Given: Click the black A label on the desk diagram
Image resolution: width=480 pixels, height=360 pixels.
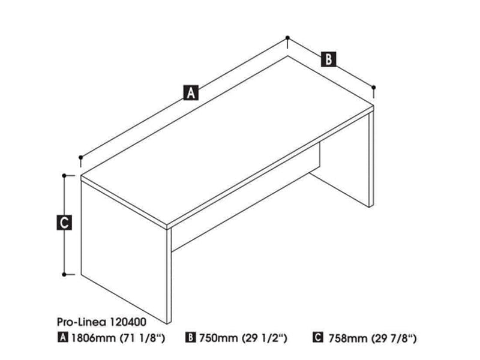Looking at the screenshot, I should click(x=191, y=92).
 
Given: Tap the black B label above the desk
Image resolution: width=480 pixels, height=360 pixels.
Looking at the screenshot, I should click(x=328, y=59).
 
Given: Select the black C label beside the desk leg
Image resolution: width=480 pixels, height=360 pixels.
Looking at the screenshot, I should click(x=64, y=223).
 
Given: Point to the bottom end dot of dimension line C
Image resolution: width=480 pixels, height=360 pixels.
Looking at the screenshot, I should click(x=65, y=274).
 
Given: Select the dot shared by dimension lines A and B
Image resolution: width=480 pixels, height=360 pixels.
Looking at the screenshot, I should click(x=288, y=38).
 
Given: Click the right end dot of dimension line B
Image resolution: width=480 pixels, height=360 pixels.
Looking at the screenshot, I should click(x=374, y=88).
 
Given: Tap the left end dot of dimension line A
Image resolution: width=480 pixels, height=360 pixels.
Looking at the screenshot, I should click(x=80, y=157).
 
